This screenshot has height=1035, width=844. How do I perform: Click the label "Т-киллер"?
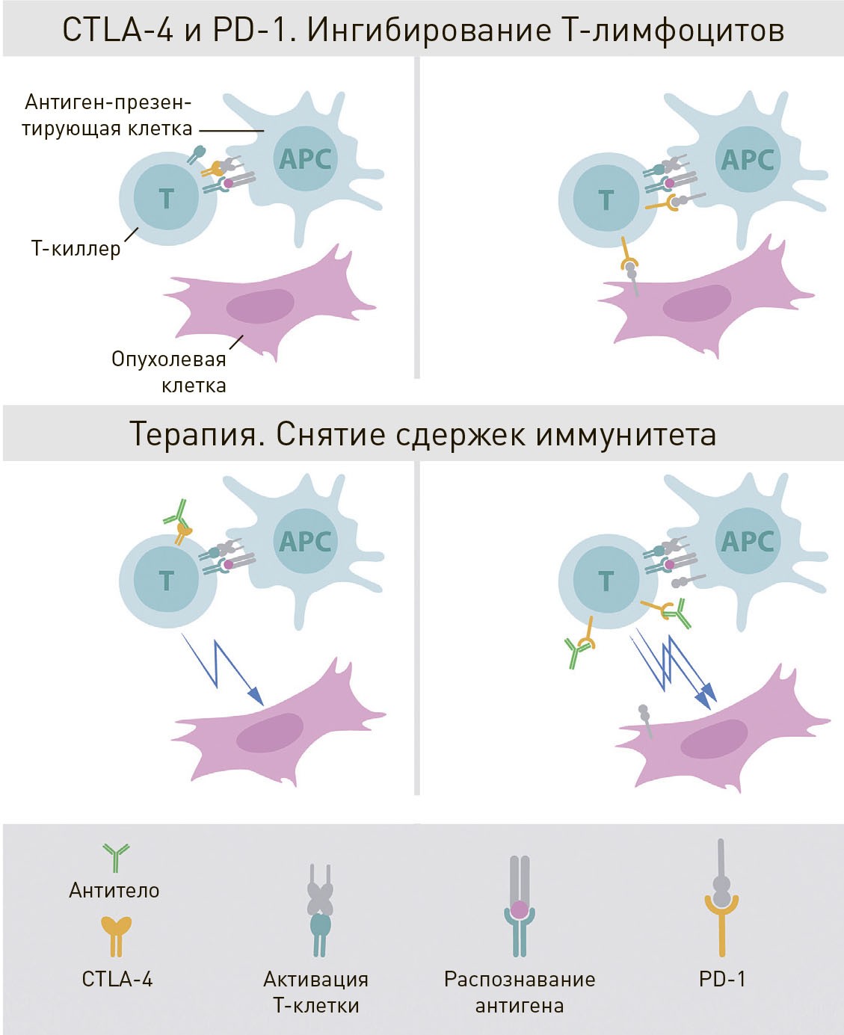tap(76, 248)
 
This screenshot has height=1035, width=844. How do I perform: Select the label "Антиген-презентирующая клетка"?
tap(108, 115)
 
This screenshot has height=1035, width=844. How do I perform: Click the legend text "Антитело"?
tap(114, 890)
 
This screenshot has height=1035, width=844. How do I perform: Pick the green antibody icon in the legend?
tap(116, 857)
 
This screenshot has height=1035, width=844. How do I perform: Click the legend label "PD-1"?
tap(722, 978)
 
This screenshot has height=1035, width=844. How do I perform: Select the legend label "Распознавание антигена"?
tap(520, 992)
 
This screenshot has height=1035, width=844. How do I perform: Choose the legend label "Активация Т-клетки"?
tap(316, 992)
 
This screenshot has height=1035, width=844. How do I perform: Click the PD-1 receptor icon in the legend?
tap(721, 897)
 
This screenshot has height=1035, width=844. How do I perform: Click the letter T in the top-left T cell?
tap(167, 199)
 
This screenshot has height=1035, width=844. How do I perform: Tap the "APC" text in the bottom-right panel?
tap(747, 541)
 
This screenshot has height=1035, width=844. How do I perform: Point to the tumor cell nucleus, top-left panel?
tap(259, 306)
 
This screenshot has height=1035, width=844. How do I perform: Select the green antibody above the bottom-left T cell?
tap(176, 513)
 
